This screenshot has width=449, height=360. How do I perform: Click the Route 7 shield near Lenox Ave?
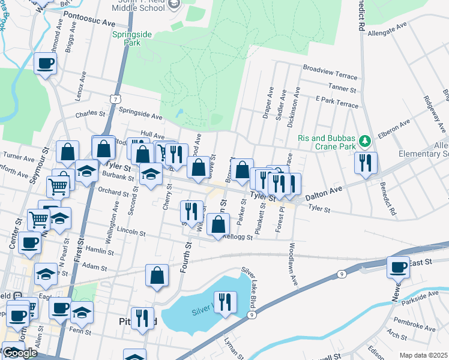[x=114, y=98]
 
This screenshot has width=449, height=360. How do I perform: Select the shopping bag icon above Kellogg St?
[x=218, y=224]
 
